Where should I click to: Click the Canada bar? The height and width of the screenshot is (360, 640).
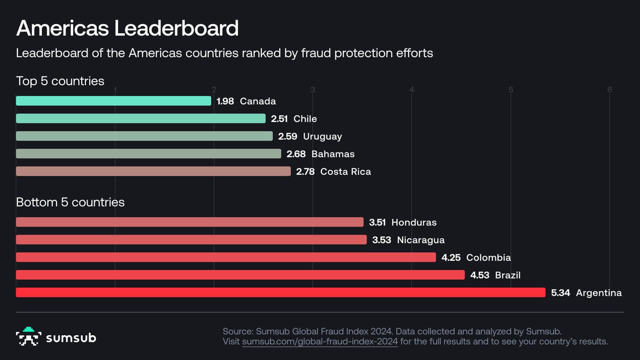tap(113, 101)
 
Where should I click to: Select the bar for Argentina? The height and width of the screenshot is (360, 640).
tap(280, 292)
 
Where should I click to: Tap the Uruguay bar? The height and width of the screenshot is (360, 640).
tap(144, 136)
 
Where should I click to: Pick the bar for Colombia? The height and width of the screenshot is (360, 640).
tap(226, 257)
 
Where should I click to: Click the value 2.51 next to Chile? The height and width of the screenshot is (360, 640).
tap(279, 119)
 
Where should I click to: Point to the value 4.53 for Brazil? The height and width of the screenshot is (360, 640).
tap(480, 275)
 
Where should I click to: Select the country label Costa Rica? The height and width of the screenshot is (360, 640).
tap(346, 172)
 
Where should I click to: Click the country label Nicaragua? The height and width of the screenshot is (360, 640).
tap(420, 240)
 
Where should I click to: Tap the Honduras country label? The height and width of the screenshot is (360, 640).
tap(414, 222)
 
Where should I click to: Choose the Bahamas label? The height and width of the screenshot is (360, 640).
tap(333, 154)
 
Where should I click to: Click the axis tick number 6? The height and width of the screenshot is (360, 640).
tap(610, 90)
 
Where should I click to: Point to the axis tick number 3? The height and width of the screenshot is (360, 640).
tap(313, 90)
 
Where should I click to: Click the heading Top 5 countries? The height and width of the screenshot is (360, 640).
tap(60, 81)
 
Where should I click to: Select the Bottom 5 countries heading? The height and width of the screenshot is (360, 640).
tap(70, 202)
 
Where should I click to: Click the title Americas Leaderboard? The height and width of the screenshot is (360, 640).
tap(127, 28)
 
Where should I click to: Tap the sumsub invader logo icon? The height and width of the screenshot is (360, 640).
tap(28, 336)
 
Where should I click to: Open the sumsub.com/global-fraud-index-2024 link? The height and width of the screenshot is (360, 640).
tap(320, 342)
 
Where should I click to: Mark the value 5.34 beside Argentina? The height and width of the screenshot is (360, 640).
tap(560, 293)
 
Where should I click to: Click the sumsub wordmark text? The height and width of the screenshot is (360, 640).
tap(71, 338)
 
